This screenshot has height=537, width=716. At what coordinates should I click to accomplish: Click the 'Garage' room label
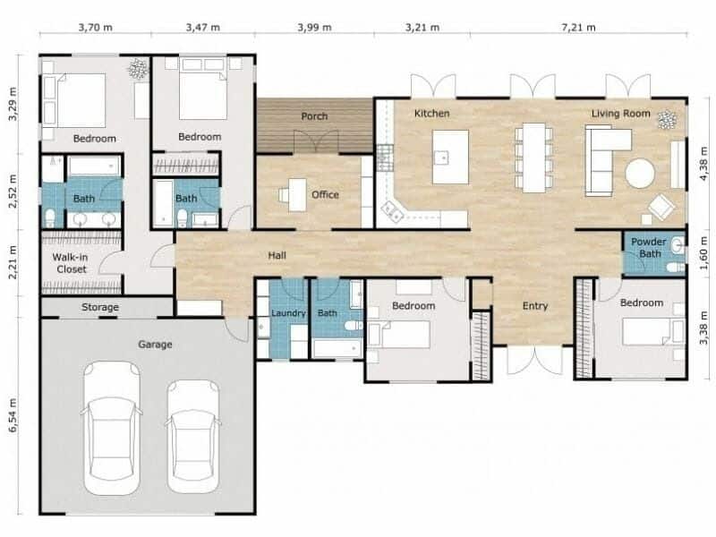coord(155,344)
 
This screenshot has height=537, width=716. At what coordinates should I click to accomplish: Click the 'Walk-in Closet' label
coord(71,262)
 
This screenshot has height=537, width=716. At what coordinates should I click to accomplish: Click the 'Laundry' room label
coord(288,313)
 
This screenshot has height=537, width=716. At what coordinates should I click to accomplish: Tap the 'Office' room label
coord(325,194)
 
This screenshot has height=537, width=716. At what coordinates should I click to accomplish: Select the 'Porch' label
coord(314,116)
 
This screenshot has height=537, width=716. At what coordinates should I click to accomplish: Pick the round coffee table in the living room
coord(640,174)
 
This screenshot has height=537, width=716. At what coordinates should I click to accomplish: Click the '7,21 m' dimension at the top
coord(577,28)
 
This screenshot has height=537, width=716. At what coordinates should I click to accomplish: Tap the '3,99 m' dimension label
coord(314,28)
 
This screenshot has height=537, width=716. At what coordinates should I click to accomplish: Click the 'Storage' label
coord(100,308)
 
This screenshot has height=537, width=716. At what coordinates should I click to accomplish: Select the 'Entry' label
coord(535,306)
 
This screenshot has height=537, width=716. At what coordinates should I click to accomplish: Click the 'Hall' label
coord(277,255)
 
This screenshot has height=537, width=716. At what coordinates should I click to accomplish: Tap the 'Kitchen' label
coord(431,114)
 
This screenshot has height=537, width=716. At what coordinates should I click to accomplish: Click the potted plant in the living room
coord(666,119)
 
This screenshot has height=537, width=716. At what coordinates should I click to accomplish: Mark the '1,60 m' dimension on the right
coord(704,253)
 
